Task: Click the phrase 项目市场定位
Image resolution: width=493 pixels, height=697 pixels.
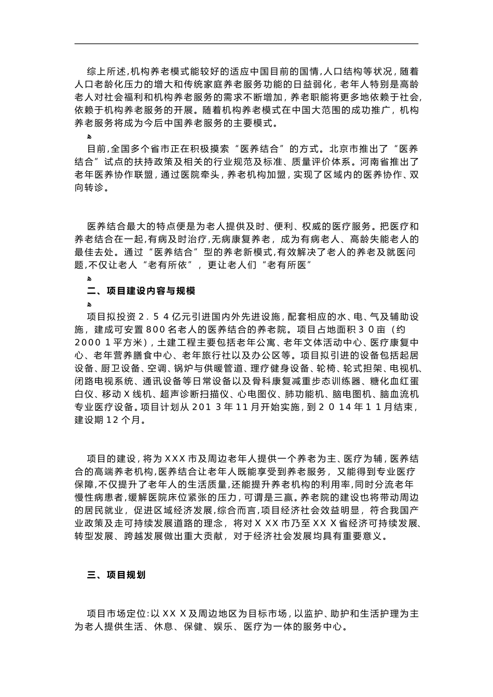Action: point(116,614)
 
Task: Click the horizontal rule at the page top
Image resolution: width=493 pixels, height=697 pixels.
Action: point(246,44)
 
